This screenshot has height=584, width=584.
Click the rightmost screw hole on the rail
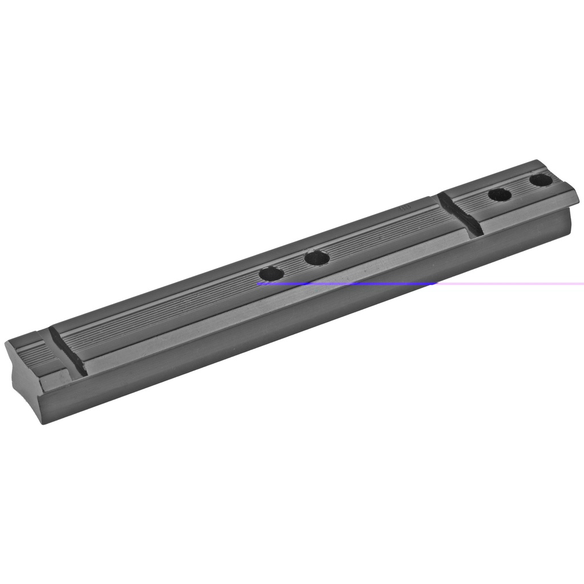(x=540, y=181)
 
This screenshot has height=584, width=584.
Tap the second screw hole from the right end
(x=500, y=195)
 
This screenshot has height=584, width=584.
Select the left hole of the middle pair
(x=271, y=274)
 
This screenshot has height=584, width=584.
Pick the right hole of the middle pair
(x=317, y=258)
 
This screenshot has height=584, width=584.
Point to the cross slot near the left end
(x=67, y=351)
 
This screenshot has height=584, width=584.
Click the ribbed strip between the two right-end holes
(x=520, y=188)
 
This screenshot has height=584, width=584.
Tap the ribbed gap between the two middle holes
(x=294, y=266)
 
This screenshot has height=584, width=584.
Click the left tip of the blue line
(x=258, y=283)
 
